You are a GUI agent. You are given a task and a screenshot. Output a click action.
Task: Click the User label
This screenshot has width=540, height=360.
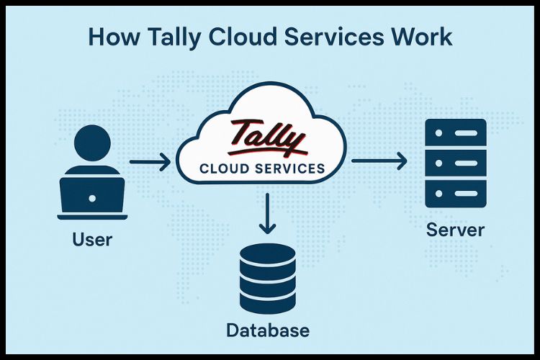click(x=92, y=238)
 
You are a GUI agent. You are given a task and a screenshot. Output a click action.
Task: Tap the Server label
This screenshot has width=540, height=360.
click(x=455, y=230)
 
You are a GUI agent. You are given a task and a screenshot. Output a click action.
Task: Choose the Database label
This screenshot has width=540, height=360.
click(x=267, y=330)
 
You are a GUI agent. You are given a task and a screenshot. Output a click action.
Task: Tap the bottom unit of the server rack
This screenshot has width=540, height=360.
click(x=456, y=193)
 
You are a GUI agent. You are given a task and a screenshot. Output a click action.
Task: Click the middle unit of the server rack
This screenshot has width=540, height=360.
click(x=456, y=163)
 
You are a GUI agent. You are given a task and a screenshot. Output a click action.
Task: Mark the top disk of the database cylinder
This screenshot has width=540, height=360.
click(x=267, y=256)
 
